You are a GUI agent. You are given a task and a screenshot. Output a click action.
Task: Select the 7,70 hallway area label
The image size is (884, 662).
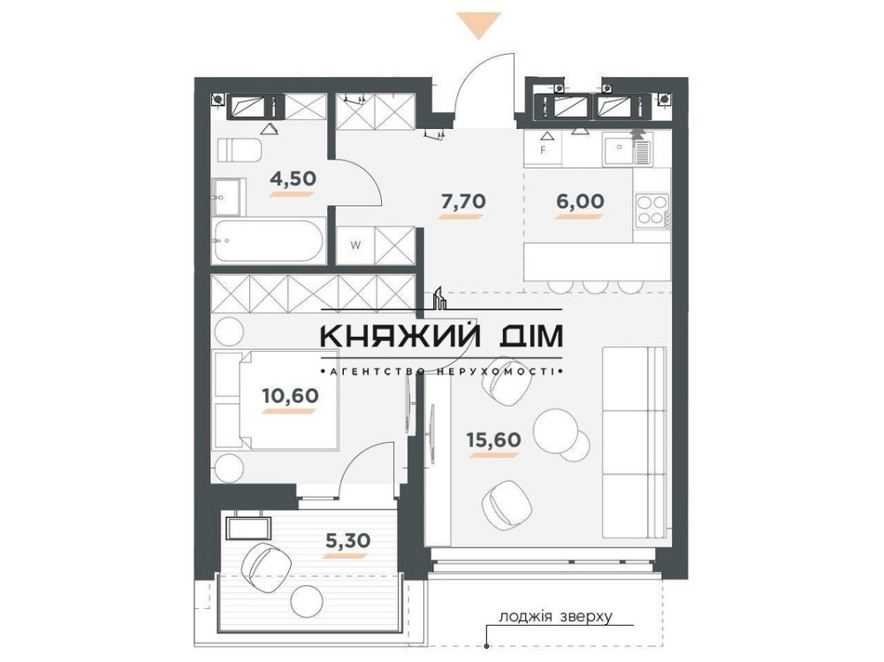463,202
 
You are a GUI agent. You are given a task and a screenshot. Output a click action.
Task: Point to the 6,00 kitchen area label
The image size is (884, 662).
581,201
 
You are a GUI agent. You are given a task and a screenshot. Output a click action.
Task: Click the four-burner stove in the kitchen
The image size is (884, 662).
651,209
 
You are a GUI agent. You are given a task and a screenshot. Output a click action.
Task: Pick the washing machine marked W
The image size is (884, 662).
354,243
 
